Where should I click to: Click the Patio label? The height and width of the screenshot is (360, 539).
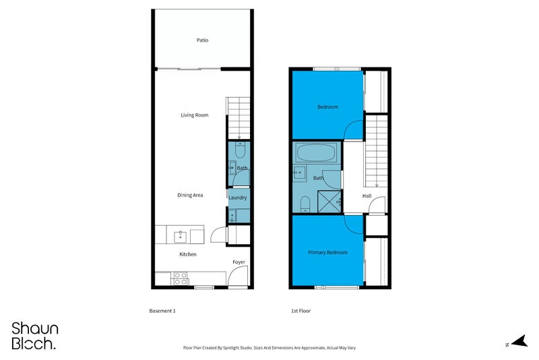pos(202,40)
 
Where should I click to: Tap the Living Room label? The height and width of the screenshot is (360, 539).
pos(195,115)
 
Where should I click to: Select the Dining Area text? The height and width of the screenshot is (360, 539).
pos(190,195)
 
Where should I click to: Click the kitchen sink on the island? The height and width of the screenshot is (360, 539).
pos(181,236)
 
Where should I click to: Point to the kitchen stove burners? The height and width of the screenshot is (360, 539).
pos(180,278)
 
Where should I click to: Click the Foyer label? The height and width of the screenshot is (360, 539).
pos(239,262)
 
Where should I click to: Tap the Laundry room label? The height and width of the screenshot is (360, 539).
pos(238,198)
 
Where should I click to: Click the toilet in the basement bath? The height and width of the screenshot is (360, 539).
pos(240,150)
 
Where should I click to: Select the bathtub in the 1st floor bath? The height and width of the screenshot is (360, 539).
pos(316,152)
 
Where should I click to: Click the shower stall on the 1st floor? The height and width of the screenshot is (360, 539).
pos(329,202)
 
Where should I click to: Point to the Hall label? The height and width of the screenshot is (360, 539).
pos(367,196)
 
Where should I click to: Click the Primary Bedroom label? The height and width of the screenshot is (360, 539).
pos(327,252)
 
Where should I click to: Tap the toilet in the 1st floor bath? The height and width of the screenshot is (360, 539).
pos(305,204)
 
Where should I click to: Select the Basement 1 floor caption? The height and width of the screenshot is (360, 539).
pos(162,311)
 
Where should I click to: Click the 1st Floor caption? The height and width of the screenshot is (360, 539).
pos(300,311)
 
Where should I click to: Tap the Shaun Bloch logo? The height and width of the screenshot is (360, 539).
pos(34,336)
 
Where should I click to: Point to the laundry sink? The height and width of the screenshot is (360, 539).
pos(232,216)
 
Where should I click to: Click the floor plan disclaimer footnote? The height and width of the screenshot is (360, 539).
pos(269,348)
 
